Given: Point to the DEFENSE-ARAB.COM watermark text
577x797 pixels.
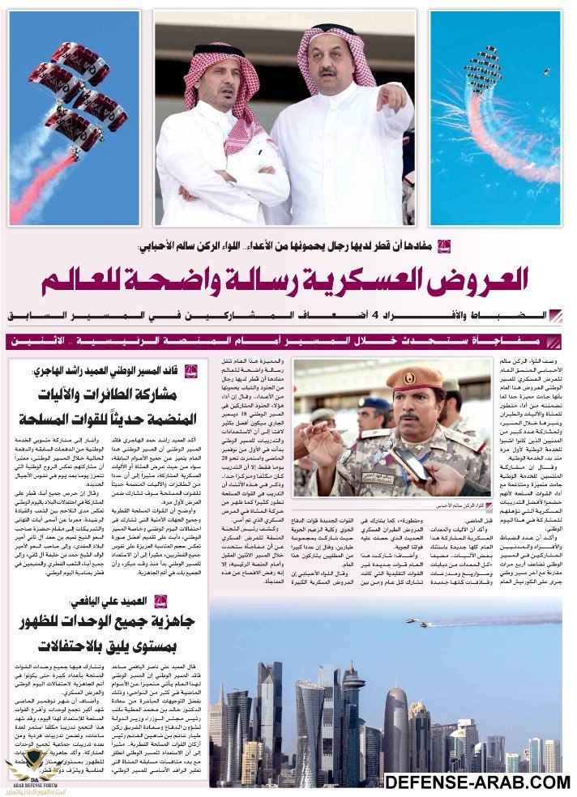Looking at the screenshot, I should pyautogui.click(x=477, y=782).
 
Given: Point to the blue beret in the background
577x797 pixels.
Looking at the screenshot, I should pyautogui.click(x=377, y=403).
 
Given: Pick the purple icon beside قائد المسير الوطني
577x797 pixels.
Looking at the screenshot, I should pyautogui.click(x=190, y=372).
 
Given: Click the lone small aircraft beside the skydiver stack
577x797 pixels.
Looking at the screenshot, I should pyautogui.click(x=546, y=72).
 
